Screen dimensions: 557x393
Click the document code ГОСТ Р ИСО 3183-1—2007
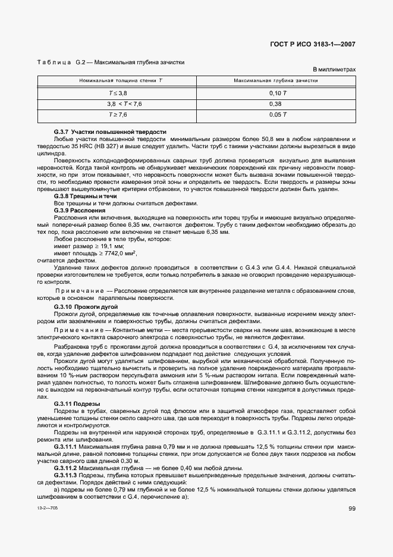point(313,44)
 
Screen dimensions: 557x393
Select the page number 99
point(352,508)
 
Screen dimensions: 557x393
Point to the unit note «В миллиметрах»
point(334,70)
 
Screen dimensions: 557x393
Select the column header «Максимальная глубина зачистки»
point(276,80)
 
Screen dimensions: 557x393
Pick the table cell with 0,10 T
point(276,93)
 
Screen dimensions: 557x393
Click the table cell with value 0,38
point(276,104)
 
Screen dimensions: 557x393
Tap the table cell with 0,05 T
point(276,114)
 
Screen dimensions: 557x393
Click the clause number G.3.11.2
point(65,468)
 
